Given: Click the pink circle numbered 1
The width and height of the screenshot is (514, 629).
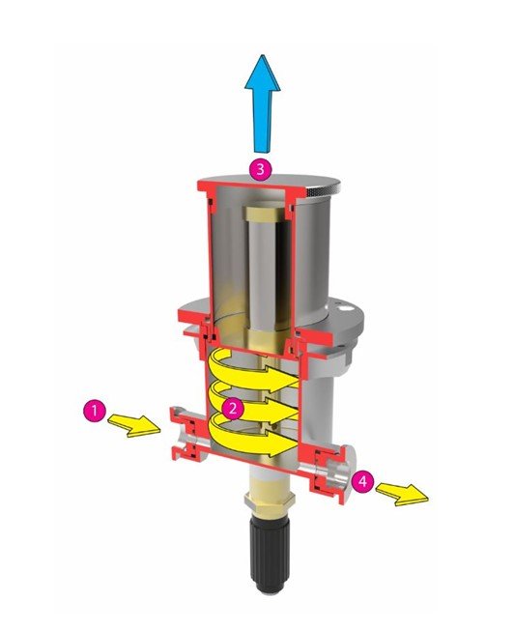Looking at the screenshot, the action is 95,411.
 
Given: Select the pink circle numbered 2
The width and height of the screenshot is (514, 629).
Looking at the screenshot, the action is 232,409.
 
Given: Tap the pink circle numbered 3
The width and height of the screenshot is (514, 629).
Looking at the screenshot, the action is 261,169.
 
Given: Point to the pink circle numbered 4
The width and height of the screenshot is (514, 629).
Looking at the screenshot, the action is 362,481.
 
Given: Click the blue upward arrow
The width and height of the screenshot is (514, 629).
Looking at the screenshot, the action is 262,103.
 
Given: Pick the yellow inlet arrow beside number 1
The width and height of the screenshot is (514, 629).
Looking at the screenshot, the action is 133,425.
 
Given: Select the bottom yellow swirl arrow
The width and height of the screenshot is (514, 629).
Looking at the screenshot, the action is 253,440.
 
